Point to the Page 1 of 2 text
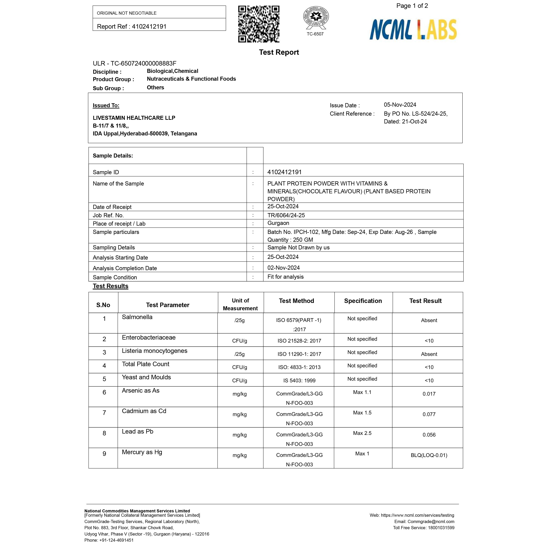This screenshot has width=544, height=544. (x=412, y=6)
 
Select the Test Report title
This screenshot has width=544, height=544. (x=279, y=52)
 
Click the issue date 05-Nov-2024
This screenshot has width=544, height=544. (x=400, y=105)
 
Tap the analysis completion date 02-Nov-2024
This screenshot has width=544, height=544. (x=283, y=268)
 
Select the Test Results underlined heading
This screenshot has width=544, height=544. (x=110, y=286)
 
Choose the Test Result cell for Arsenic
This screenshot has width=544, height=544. (x=429, y=394)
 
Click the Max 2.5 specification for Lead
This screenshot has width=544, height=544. (x=362, y=433)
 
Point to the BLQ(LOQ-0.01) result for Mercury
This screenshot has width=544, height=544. (x=429, y=455)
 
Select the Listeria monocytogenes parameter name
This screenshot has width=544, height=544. (x=154, y=351)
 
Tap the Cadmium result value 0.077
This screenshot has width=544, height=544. (x=429, y=414)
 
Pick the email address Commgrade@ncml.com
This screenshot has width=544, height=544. (x=431, y=522)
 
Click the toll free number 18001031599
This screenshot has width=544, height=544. (x=441, y=528)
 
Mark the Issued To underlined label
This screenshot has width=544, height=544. (x=106, y=106)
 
